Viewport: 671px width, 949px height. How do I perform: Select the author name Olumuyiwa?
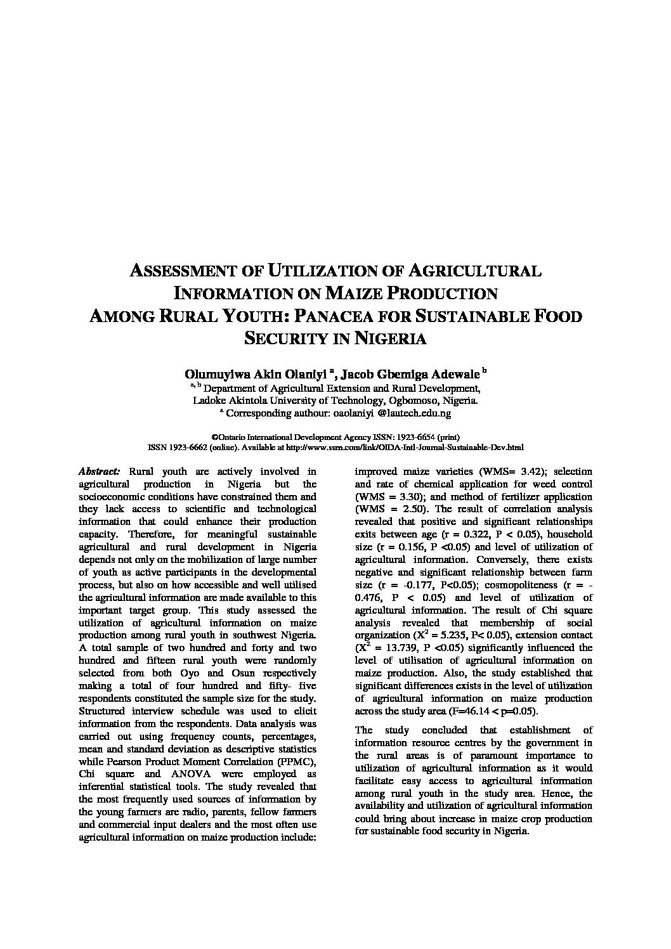pyautogui.click(x=207, y=373)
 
